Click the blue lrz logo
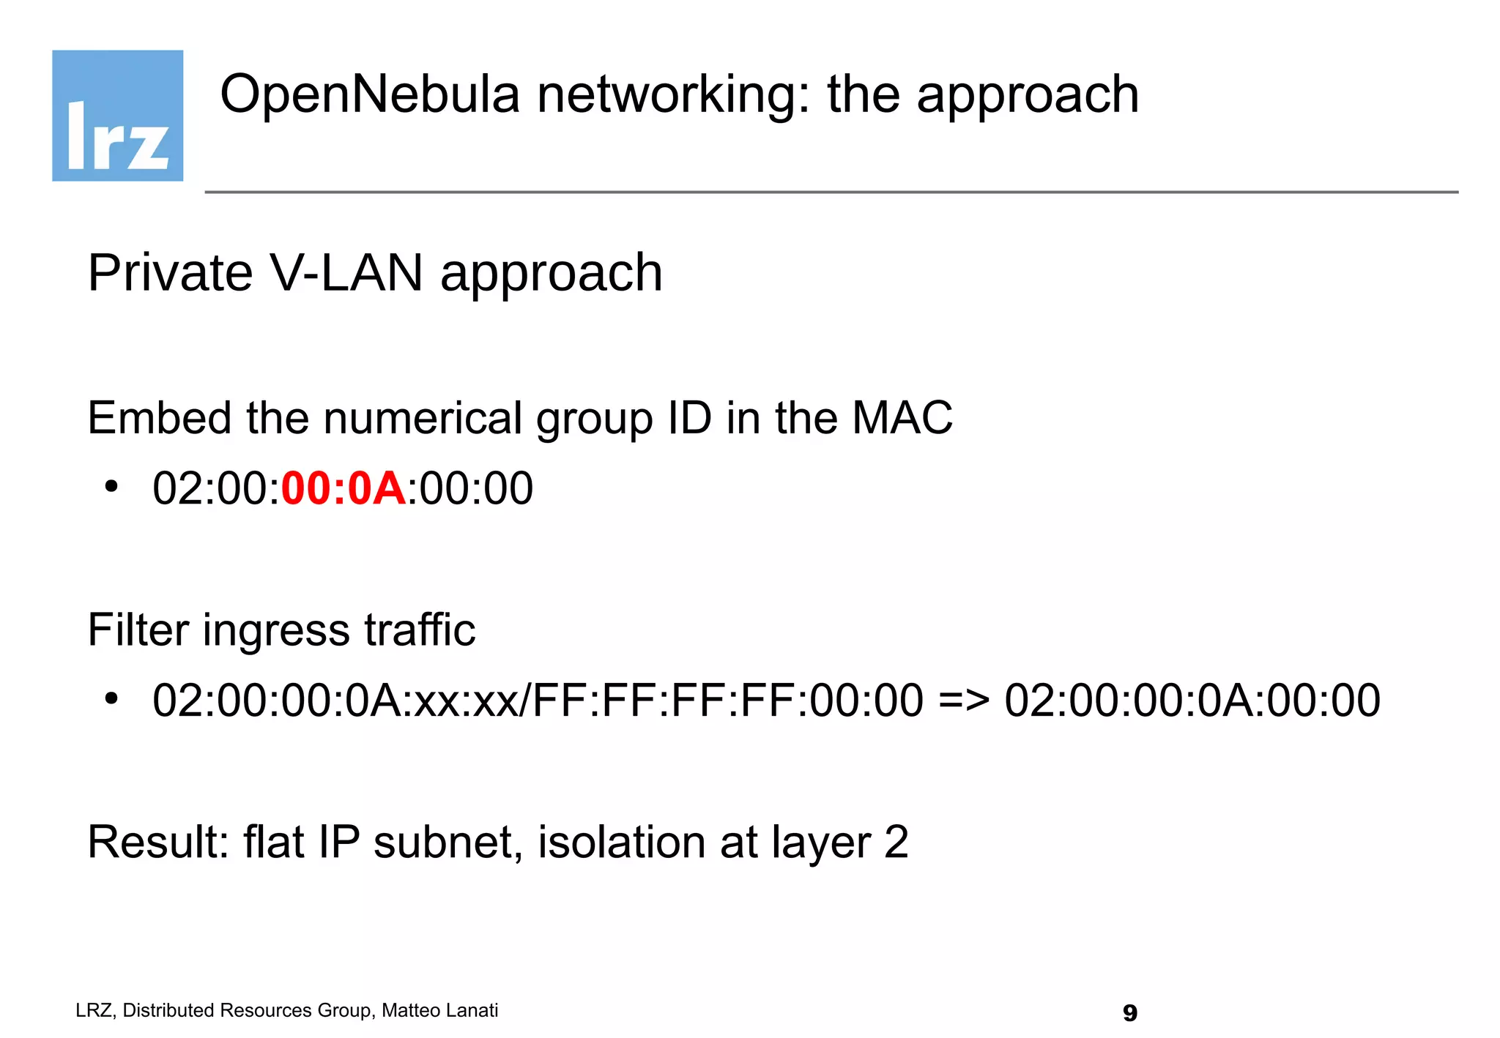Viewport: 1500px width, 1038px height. tap(117, 116)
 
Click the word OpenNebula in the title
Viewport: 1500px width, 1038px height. tap(370, 95)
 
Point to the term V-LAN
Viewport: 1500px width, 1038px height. tap(346, 273)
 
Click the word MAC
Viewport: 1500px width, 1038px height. tap(902, 418)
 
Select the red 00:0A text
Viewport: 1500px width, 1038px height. tap(344, 488)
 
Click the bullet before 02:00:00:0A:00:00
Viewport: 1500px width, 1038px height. tap(111, 487)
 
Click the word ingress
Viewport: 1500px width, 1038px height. tap(276, 631)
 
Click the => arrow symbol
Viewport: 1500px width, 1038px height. tap(963, 701)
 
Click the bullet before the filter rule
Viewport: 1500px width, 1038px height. tap(111, 699)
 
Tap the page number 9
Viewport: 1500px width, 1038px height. tap(1129, 1013)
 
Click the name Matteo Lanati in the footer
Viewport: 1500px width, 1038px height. tap(439, 1011)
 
